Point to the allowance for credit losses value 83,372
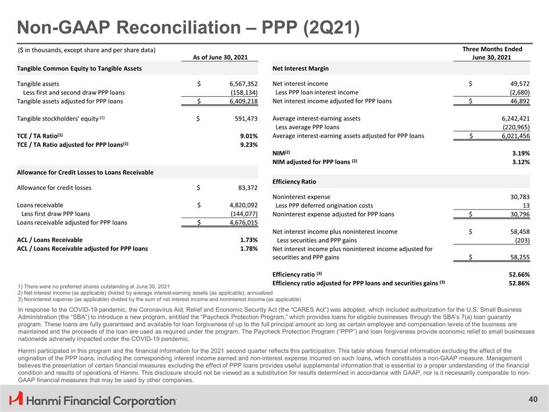pyautogui.click(x=245, y=187)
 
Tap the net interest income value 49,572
pyautogui.click(x=518, y=84)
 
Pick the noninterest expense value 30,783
pyautogui.click(x=518, y=197)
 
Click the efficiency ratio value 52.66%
pyautogui.click(x=518, y=274)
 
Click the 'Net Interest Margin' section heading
pyautogui.click(x=300, y=69)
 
